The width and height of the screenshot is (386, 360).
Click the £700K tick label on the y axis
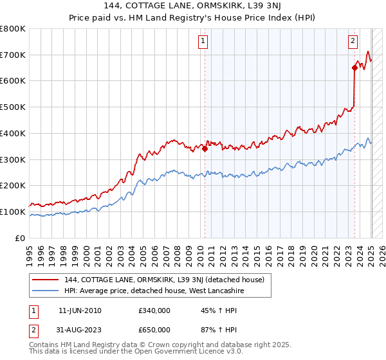pos(13,55)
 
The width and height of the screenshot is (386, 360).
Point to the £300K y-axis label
pos(13,159)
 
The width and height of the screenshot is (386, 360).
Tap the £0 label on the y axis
pos(21,238)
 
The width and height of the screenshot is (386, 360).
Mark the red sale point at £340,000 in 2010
pos(205,148)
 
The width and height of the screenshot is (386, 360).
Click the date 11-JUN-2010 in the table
pos(80,311)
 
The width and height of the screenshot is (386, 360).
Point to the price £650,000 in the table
pos(154,331)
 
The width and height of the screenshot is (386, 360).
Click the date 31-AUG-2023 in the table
pos(80,331)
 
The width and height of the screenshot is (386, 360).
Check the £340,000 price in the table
pos(154,311)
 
